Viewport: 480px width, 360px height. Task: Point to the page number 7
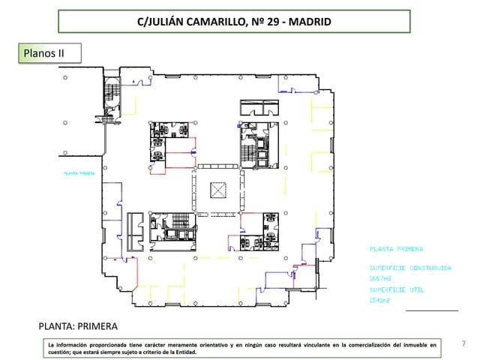click(463, 343)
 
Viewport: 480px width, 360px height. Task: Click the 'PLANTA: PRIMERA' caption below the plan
click(78, 327)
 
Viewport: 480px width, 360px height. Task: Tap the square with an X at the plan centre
click(218, 190)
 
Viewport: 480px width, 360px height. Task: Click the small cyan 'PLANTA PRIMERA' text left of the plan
click(78, 172)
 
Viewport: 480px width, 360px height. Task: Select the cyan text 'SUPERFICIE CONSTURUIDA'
click(409, 267)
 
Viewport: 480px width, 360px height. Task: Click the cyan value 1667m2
click(379, 277)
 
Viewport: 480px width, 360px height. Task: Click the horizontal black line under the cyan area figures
click(431, 310)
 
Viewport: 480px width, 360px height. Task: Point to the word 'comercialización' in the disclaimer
click(364, 343)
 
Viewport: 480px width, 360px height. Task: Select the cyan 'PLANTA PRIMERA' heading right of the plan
click(395, 248)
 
